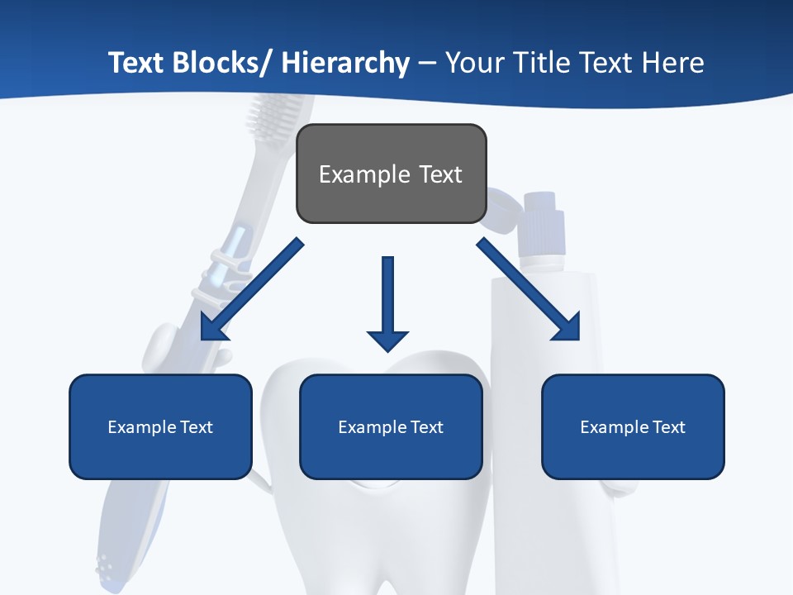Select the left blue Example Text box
[x=160, y=426]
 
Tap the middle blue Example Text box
[x=391, y=426]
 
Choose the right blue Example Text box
[x=633, y=426]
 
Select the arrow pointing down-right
[x=529, y=289]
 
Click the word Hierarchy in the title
[x=345, y=63]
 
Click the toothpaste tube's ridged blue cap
[x=544, y=223]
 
